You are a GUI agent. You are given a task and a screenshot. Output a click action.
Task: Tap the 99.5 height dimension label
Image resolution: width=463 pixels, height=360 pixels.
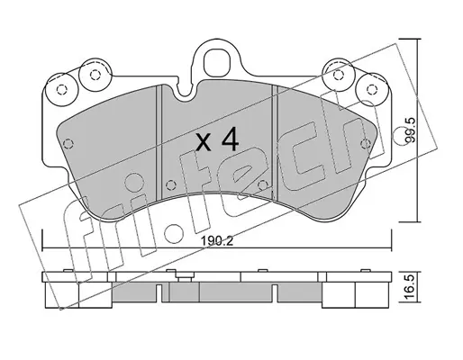tap(410, 130)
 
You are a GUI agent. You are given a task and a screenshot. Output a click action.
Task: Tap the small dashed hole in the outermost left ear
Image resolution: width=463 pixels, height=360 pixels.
tap(61, 89)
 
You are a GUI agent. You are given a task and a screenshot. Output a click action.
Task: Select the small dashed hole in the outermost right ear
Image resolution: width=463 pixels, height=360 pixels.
tap(372, 89)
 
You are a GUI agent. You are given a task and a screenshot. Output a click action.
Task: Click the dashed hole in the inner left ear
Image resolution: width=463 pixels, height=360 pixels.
tap(95, 75)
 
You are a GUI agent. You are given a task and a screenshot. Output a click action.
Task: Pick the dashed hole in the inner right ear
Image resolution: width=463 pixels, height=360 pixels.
tap(339, 74)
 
